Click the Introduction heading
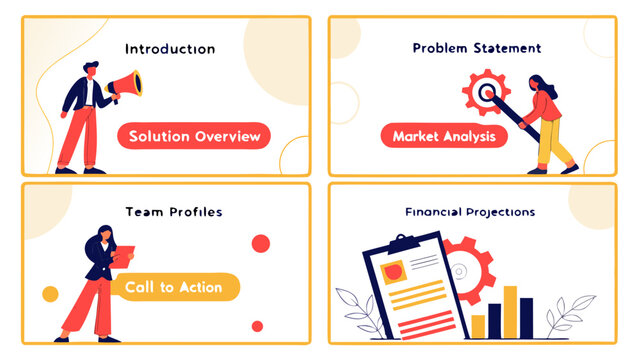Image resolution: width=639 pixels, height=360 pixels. click(170, 48)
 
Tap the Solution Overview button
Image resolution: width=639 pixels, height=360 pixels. click(194, 136)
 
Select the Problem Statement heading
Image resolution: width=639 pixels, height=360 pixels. click(477, 47)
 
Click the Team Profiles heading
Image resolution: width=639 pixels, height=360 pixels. click(174, 212)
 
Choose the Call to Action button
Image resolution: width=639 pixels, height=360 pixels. click(174, 287)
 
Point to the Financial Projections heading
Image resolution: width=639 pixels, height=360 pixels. click(470, 212)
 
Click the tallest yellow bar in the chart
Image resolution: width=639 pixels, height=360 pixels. click(509, 312)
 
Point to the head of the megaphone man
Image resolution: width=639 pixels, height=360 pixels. click(88, 71)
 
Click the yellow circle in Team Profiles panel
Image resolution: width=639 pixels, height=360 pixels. click(50, 294)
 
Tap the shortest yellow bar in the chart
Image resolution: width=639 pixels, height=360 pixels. click(478, 326)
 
